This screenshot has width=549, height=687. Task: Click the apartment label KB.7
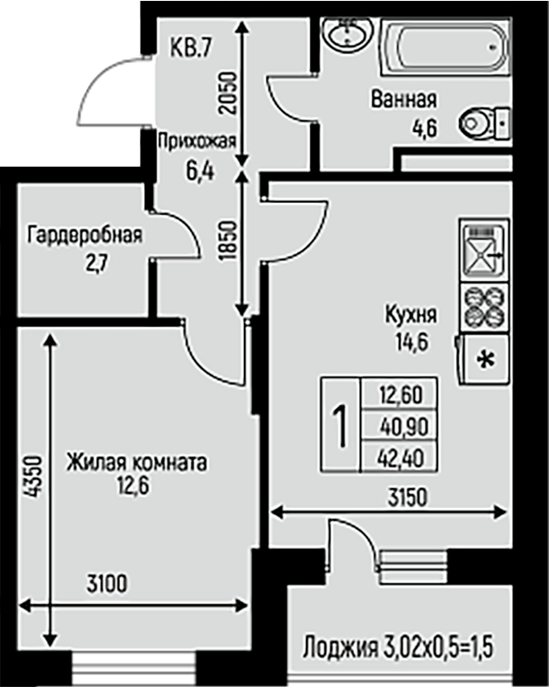pos(191,47)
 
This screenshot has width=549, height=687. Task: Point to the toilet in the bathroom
pos(484,123)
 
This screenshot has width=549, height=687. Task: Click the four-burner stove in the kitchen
pos(484,308)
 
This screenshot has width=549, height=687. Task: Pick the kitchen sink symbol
pos(484,250)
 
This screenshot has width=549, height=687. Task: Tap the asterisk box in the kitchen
pos(485,359)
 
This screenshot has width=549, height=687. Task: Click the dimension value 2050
pos(228,94)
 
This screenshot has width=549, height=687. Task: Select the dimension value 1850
pos(228,241)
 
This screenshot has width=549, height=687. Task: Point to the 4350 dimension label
pos(33,477)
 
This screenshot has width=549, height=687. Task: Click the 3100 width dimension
pos(107,584)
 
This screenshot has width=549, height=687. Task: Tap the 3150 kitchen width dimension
pos(407,497)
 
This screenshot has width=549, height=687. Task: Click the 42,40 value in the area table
pos(401,458)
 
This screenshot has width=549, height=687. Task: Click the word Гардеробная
pos(85,235)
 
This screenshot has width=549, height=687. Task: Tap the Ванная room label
pos(404,100)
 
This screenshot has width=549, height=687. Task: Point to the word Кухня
pos(411,314)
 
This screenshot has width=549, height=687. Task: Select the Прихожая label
pos(197,141)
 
